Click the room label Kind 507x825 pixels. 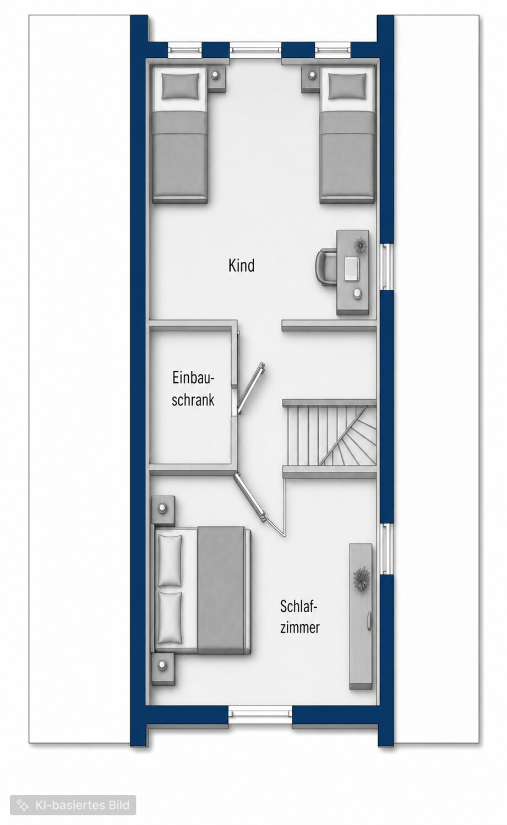coord(242,265)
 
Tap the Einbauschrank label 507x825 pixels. coord(193,389)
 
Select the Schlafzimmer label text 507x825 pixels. coord(300,617)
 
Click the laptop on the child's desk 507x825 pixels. coord(352,268)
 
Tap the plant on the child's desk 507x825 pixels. coord(360,245)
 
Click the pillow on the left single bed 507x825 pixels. coord(181,86)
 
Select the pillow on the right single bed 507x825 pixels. coord(347,86)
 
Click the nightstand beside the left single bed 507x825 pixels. coord(216,79)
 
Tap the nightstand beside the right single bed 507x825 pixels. coord(311,79)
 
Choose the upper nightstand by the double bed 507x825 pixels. coord(162,510)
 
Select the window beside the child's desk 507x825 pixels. coord(385,267)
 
